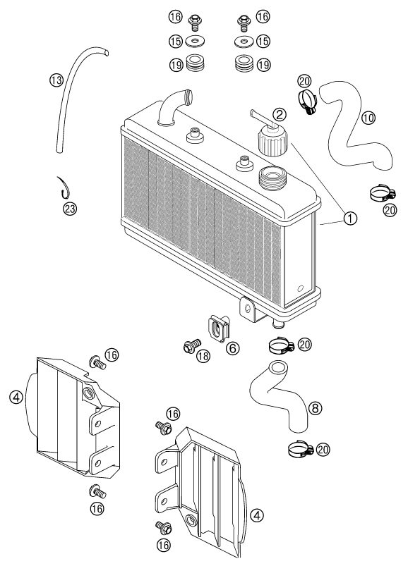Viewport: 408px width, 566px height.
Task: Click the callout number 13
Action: tap(56, 80)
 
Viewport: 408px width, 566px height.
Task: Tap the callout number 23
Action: tap(70, 208)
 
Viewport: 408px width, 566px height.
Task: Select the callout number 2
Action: tap(279, 114)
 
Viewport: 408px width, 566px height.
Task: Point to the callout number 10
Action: tap(368, 118)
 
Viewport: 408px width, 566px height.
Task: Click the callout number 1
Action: tap(350, 218)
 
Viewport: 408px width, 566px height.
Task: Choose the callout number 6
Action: tap(233, 348)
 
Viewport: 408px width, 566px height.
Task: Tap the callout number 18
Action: tap(203, 356)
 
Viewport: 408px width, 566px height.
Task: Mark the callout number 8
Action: tap(315, 408)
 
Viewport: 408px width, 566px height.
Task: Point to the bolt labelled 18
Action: tap(192, 346)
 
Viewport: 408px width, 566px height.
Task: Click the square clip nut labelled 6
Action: tap(219, 328)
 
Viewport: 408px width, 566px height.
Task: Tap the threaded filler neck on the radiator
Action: tap(273, 178)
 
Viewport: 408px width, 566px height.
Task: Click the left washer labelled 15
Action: tap(195, 40)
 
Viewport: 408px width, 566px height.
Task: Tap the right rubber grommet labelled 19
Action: tap(244, 63)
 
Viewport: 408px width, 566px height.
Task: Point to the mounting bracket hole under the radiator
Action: tap(248, 308)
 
